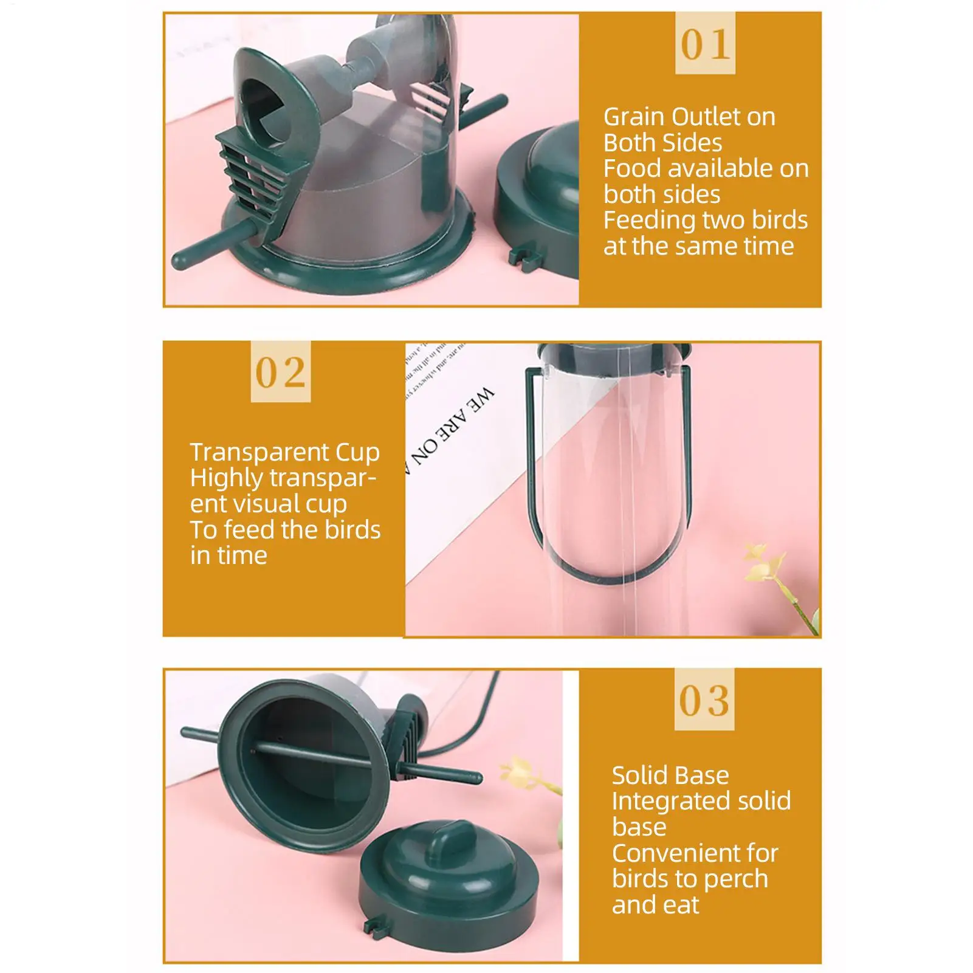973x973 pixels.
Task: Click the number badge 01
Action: tap(705, 44)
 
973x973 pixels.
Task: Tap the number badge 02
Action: tap(280, 371)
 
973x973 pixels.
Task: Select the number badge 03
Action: tap(704, 700)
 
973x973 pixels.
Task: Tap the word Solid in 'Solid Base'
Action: tap(639, 775)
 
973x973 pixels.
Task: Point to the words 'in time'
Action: tap(229, 555)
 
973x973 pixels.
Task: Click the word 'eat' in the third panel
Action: tap(682, 906)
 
